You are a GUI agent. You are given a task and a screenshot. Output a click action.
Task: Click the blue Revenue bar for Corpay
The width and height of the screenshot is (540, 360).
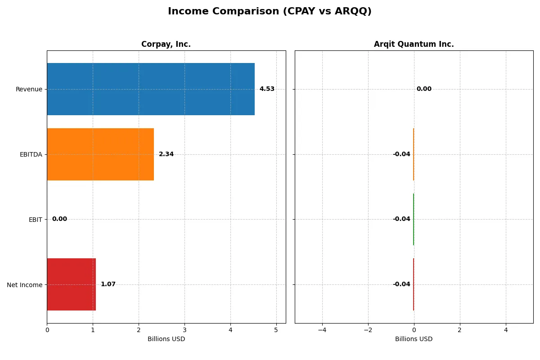(151, 89)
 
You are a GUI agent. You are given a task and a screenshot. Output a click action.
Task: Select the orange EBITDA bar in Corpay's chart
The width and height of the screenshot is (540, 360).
(100, 154)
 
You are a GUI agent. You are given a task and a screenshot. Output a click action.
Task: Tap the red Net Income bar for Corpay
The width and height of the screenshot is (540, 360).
(71, 284)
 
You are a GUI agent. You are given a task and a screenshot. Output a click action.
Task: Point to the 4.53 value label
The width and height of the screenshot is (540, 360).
(267, 89)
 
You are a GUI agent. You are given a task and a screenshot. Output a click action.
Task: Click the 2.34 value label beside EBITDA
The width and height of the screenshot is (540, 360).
(166, 154)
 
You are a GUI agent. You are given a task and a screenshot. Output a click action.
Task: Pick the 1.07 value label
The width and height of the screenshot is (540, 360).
(108, 284)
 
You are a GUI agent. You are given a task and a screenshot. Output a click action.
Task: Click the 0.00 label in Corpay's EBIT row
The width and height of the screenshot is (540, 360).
(59, 219)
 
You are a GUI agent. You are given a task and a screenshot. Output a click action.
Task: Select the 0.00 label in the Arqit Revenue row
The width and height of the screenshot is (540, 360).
(424, 89)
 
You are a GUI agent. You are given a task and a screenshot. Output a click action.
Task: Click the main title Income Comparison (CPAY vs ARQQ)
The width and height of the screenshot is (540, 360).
(270, 11)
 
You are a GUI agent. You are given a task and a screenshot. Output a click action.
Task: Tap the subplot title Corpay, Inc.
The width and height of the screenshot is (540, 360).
(166, 44)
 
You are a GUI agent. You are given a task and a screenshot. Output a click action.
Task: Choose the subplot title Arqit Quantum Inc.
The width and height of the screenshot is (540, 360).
(414, 44)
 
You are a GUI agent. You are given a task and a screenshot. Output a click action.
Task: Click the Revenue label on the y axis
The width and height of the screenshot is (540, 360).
(29, 89)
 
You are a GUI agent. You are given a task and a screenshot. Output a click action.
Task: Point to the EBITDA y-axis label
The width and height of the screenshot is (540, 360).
(31, 154)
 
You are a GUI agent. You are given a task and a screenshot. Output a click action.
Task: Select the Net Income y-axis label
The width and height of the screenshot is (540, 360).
(25, 285)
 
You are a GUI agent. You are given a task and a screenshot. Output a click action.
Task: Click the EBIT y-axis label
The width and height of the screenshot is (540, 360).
(35, 220)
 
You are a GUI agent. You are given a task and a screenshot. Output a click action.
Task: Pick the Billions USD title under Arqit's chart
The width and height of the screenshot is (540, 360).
(414, 339)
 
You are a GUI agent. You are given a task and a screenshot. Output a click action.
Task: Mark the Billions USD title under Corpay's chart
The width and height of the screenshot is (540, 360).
(166, 339)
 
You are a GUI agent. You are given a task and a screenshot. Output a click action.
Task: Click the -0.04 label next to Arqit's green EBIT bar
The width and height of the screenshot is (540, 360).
(401, 219)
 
